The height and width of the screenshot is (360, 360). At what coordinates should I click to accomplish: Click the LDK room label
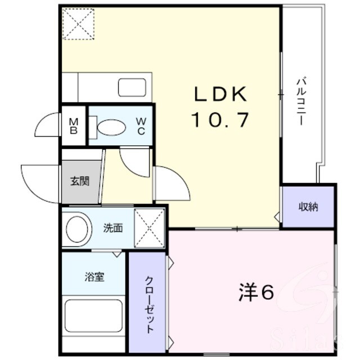(220, 94)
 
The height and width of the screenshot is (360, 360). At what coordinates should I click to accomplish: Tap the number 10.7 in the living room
(220, 120)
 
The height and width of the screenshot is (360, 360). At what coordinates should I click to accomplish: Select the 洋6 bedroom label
(256, 292)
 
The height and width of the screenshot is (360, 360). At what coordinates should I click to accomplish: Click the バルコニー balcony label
(301, 102)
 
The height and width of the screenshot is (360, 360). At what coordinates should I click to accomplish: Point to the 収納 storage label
(308, 207)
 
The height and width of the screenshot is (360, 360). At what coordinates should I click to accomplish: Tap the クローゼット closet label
(149, 305)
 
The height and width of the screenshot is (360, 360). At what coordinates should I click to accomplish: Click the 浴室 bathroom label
(94, 277)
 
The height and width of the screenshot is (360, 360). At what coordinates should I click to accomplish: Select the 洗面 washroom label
(112, 228)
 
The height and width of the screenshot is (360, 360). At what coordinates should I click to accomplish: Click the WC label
(141, 126)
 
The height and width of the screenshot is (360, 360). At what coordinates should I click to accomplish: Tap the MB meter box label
(74, 126)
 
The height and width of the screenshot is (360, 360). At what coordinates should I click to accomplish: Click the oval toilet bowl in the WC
(111, 128)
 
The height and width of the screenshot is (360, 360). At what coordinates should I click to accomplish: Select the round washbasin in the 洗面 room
(77, 229)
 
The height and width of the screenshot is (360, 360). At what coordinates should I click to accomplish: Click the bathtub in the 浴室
(93, 316)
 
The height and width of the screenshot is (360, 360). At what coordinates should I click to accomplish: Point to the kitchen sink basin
(132, 87)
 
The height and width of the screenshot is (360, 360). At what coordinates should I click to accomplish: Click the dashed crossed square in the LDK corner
(78, 24)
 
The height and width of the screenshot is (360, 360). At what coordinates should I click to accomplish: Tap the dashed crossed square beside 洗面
(150, 228)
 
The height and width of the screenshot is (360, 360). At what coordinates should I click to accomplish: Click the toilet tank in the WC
(93, 128)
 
